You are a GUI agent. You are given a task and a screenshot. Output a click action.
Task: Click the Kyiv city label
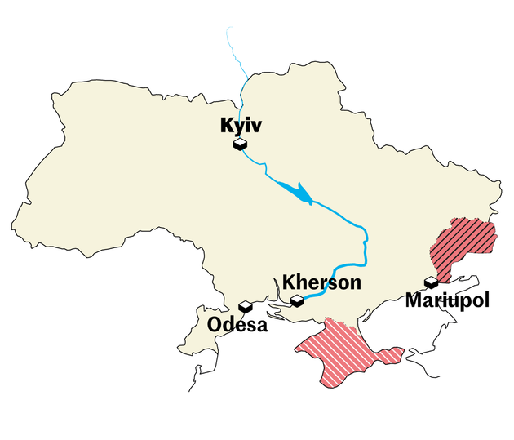tap(239, 127)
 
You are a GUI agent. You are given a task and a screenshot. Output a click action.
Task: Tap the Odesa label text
tap(237, 324)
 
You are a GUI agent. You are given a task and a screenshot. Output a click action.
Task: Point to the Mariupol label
tap(447, 300)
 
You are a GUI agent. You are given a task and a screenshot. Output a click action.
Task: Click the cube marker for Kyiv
tap(240, 144)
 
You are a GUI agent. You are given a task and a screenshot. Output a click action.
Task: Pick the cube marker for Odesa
tap(245, 307)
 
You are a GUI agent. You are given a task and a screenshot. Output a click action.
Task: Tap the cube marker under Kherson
tap(298, 301)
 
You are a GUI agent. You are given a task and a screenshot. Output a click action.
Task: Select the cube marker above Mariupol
tap(431, 283)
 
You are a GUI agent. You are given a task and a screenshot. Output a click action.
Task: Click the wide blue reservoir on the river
tap(299, 193)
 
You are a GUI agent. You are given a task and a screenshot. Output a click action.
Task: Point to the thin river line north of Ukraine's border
tap(237, 57)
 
